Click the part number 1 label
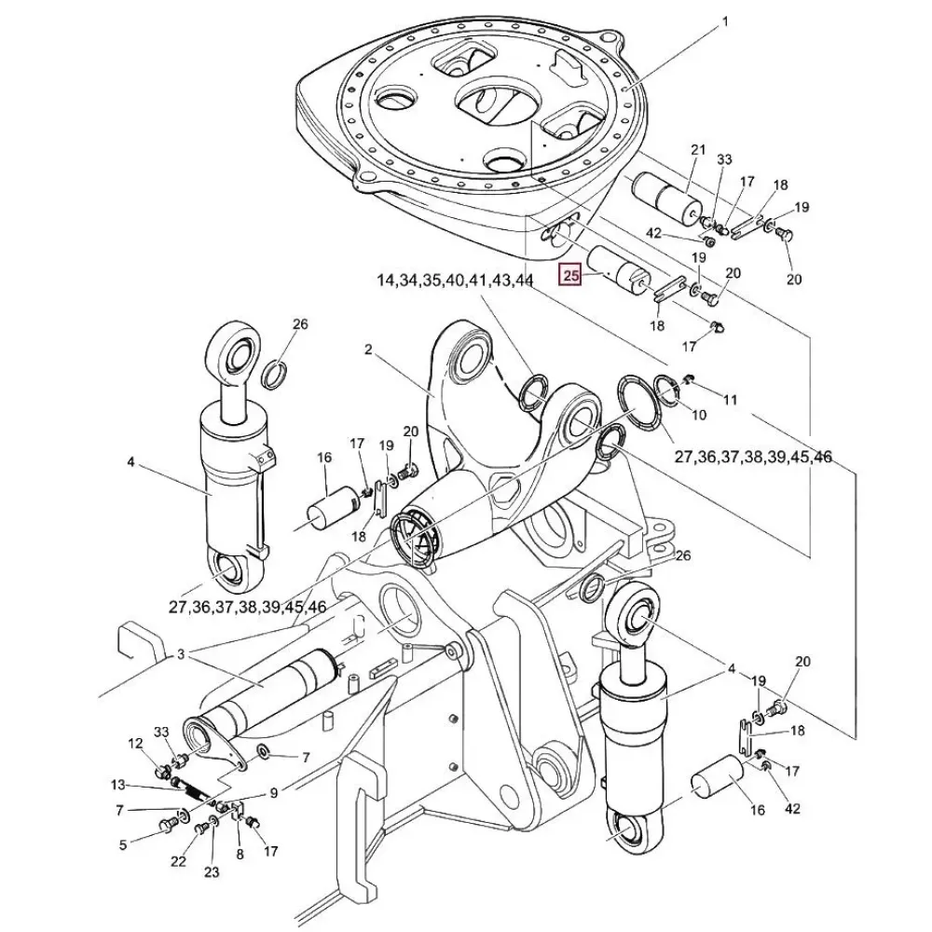click(x=726, y=21)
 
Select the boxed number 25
click(x=570, y=275)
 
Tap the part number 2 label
click(x=368, y=349)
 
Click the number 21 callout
click(x=698, y=149)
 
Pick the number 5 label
click(x=122, y=844)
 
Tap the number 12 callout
click(x=136, y=743)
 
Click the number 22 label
click(x=178, y=862)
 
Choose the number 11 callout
click(x=730, y=399)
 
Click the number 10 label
click(x=699, y=414)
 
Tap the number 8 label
click(x=240, y=853)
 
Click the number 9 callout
click(x=274, y=793)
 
